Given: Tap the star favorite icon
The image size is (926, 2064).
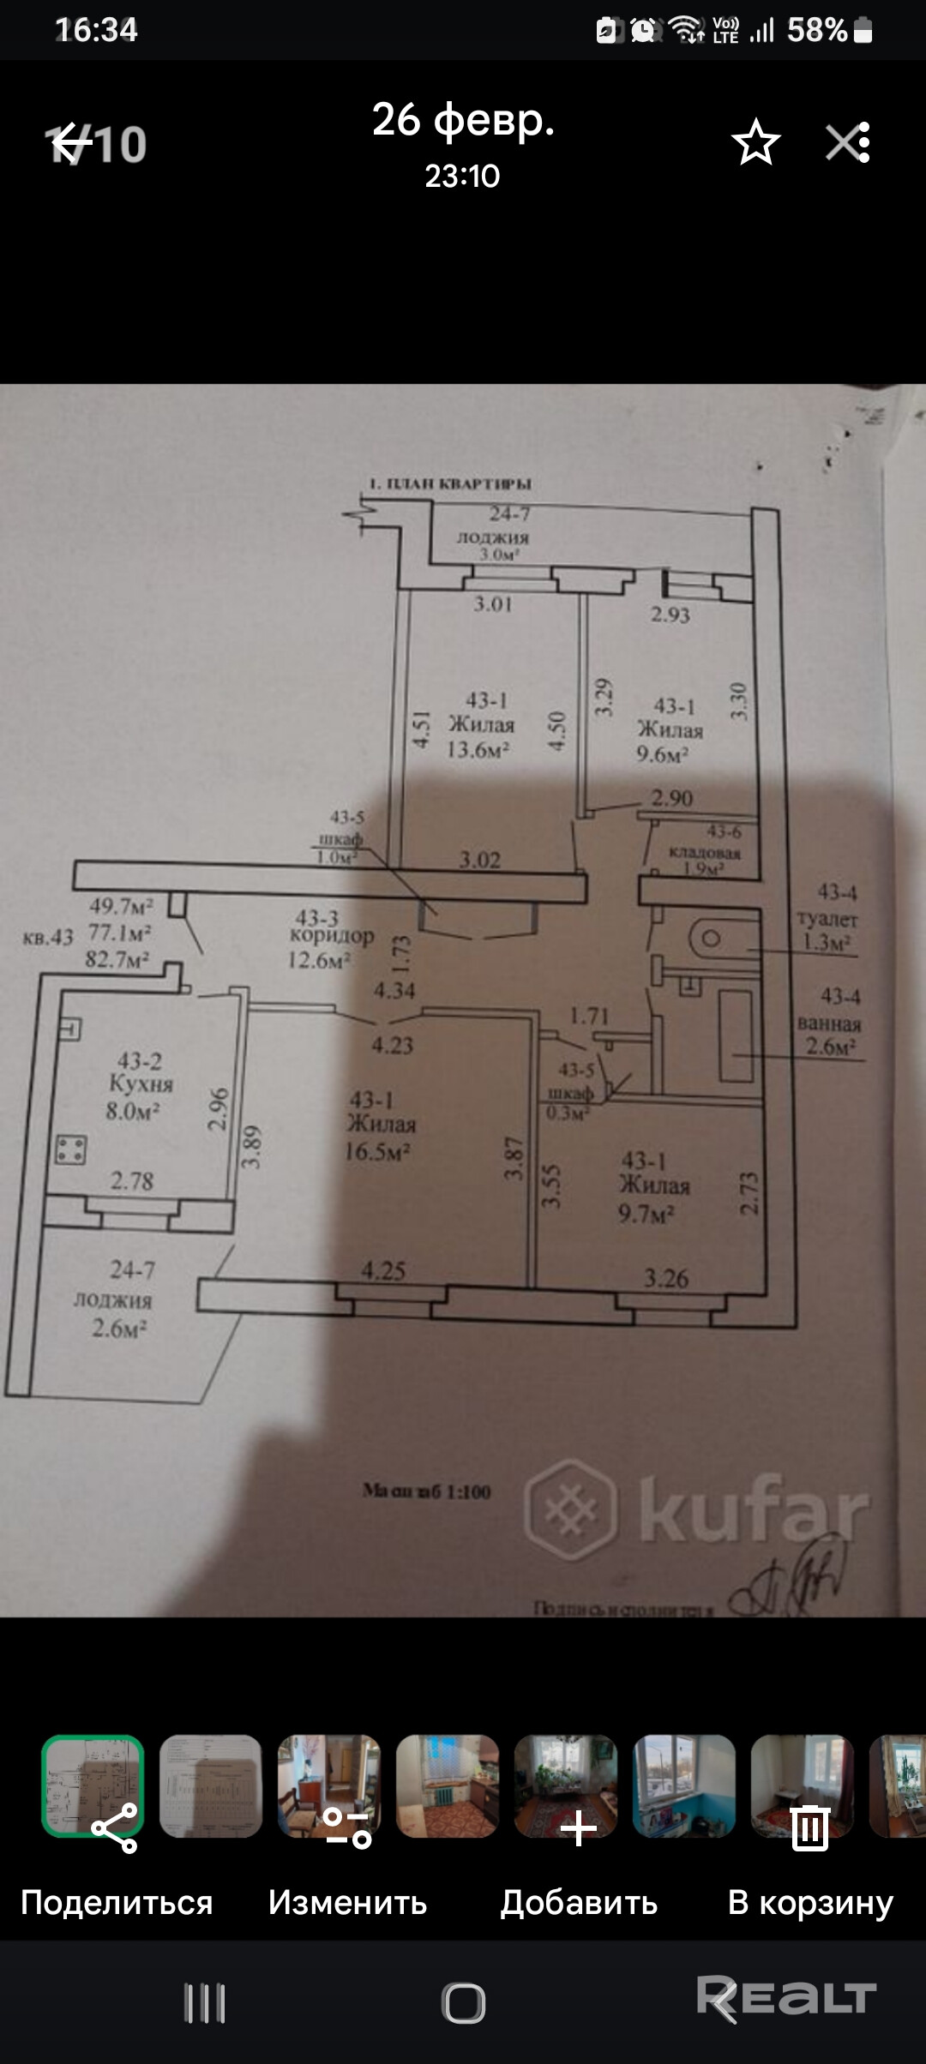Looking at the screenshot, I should click(x=755, y=142).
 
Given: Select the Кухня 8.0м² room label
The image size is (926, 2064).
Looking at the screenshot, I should click(x=140, y=1086).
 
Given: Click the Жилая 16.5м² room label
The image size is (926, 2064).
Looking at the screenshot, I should click(x=380, y=1125).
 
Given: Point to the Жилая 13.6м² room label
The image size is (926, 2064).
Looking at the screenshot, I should click(x=480, y=725).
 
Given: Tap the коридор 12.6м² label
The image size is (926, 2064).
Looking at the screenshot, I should click(x=330, y=939).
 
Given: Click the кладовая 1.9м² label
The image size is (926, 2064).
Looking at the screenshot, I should click(x=704, y=852).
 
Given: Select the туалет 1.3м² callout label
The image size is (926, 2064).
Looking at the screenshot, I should click(x=827, y=918).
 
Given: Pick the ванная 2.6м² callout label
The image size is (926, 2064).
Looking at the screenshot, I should click(x=830, y=1023).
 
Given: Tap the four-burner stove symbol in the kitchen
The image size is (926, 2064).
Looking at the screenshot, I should click(x=70, y=1149).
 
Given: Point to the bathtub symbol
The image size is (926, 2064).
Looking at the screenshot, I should click(x=736, y=1035).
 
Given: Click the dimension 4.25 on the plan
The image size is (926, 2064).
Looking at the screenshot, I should click(x=382, y=1271).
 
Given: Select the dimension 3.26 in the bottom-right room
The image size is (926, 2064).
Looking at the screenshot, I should click(x=666, y=1279).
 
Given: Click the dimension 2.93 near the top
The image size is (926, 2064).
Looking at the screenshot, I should click(x=670, y=615).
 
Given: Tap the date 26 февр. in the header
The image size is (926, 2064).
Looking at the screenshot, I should click(x=463, y=120).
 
